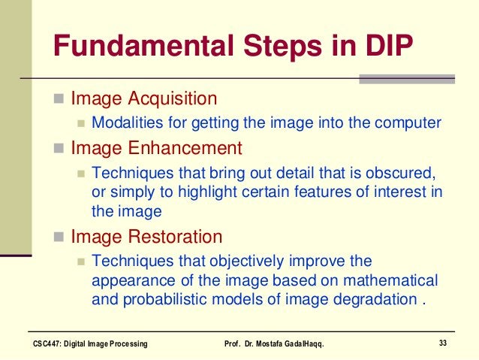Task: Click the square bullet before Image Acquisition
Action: tap(59, 99)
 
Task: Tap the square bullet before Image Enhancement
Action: tap(59, 148)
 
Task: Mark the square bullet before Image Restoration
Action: tap(59, 238)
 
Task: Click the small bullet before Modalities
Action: tap(82, 123)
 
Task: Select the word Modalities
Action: tap(125, 123)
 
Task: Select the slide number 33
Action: tap(442, 343)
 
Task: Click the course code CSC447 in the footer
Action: tap(50, 343)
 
